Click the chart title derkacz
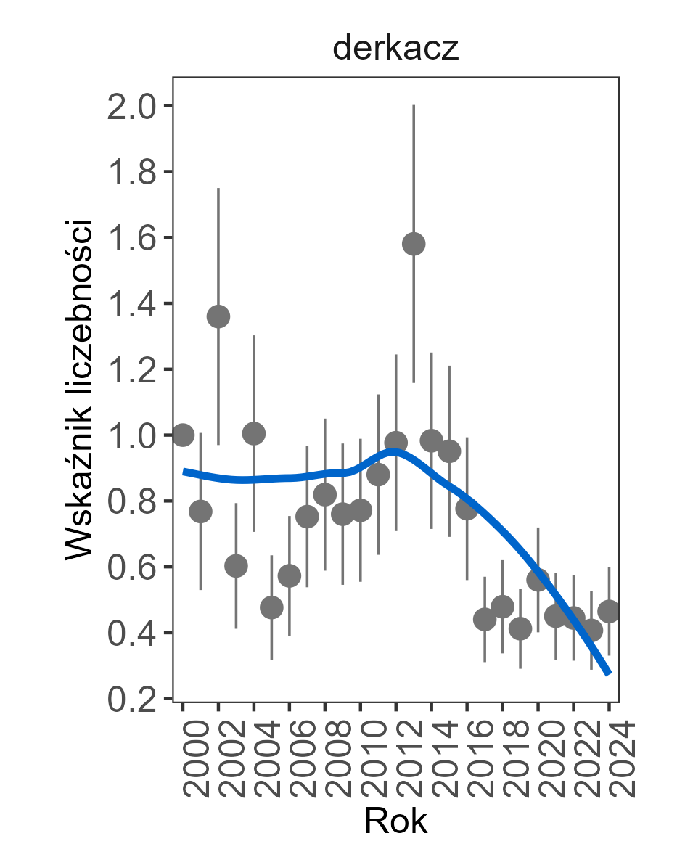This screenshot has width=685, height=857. click(x=395, y=49)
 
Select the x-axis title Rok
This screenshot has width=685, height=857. click(x=395, y=821)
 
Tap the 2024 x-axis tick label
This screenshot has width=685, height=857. click(x=610, y=758)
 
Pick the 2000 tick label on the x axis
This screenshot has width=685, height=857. click(x=184, y=758)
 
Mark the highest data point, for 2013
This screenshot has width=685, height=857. click(x=414, y=244)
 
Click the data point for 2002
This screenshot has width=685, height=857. click(x=218, y=316)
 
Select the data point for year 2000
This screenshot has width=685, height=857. click(x=183, y=435)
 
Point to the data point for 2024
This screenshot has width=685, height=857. click(x=609, y=611)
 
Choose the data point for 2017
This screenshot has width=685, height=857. click(x=485, y=620)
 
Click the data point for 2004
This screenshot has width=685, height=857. click(x=254, y=434)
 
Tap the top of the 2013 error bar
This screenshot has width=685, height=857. click(x=414, y=106)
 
